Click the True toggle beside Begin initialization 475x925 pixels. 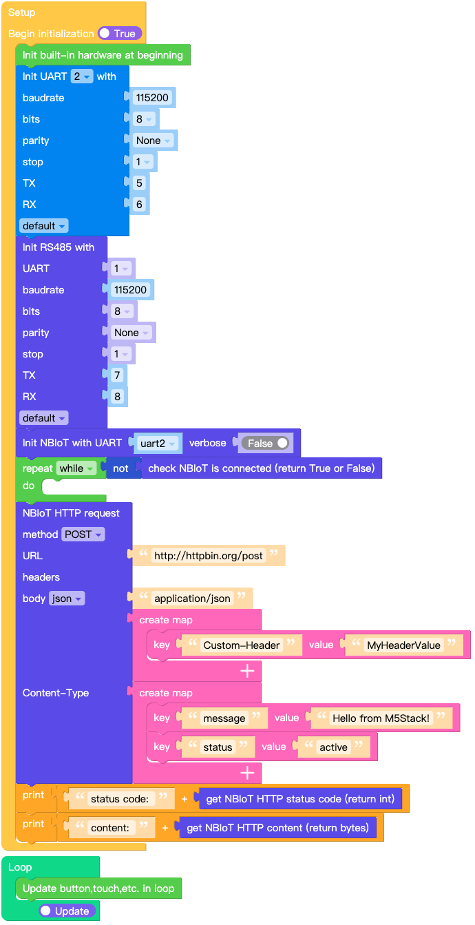[x=120, y=34]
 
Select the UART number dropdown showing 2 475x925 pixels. [x=82, y=76]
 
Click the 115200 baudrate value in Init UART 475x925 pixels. [x=152, y=97]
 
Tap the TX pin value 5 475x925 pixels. [x=139, y=183]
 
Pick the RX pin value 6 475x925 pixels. [x=139, y=205]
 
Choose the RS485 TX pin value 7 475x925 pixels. [x=117, y=375]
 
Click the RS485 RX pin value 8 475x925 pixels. [x=117, y=397]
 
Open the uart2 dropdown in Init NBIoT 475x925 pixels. [x=157, y=443]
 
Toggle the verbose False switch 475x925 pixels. [x=265, y=443]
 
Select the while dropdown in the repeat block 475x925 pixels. [x=76, y=468]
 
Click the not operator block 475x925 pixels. [x=120, y=468]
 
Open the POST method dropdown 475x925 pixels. [x=83, y=534]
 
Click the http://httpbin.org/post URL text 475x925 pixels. [x=209, y=556]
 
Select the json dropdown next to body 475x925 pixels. [x=67, y=599]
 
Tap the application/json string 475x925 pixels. [x=192, y=599]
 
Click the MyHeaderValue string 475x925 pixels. [x=403, y=645]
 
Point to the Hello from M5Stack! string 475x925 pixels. [x=381, y=718]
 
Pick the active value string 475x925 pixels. [x=333, y=747]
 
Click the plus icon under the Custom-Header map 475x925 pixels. [x=247, y=671]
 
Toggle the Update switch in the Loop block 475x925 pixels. [x=67, y=911]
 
